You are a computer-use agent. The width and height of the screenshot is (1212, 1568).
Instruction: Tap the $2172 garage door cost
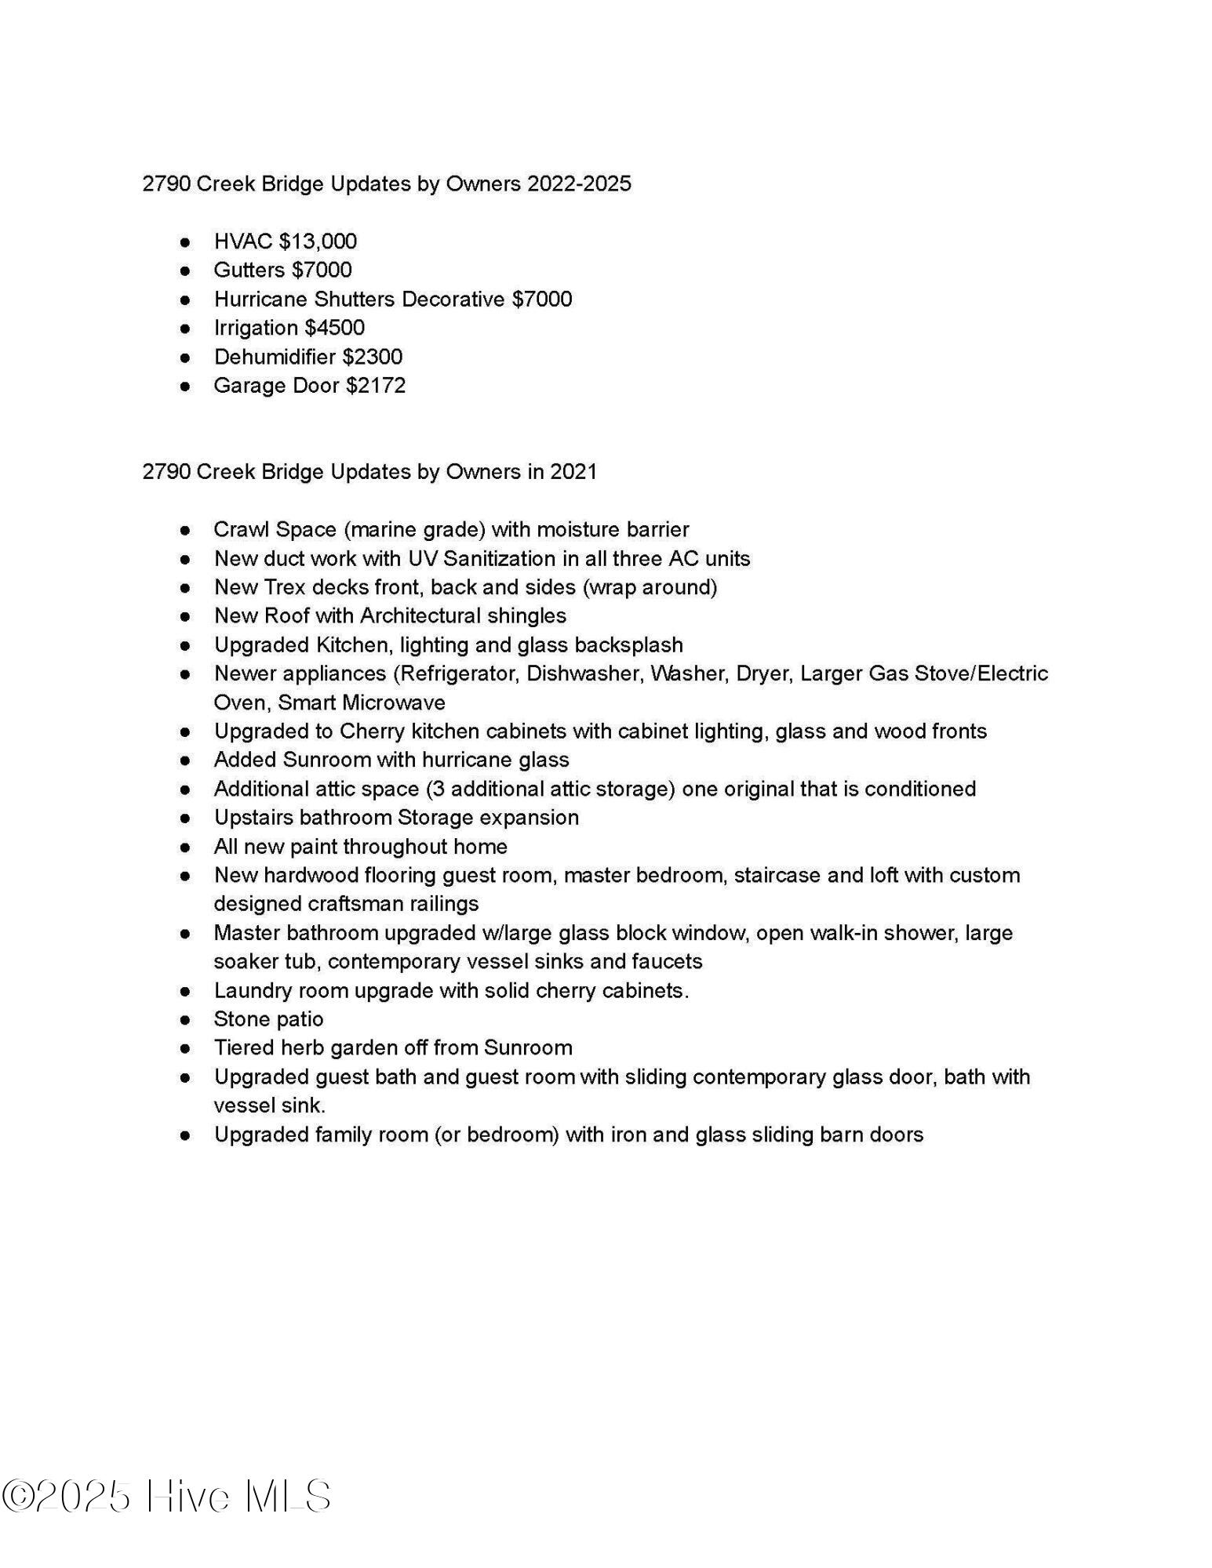[x=376, y=386]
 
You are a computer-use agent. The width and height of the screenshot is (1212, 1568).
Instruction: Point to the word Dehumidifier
[x=275, y=357]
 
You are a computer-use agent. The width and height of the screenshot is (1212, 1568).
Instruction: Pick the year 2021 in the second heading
[x=573, y=472]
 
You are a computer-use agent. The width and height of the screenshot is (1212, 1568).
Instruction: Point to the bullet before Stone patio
[x=185, y=1020]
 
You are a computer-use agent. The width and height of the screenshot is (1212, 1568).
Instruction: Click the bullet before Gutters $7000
[x=185, y=270]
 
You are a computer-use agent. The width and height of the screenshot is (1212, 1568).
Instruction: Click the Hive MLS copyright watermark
[x=166, y=1497]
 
